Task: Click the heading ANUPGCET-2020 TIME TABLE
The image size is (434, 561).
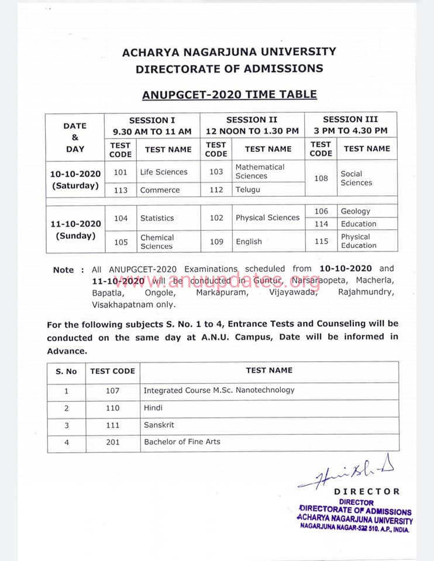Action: pyautogui.click(x=229, y=95)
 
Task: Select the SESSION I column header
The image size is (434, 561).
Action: pyautogui.click(x=152, y=126)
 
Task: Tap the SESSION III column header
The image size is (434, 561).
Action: pyautogui.click(x=351, y=125)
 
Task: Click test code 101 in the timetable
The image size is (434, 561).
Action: pyautogui.click(x=120, y=172)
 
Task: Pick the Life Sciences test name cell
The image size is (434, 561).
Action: pyautogui.click(x=164, y=172)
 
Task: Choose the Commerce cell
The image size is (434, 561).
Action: pyautogui.click(x=160, y=190)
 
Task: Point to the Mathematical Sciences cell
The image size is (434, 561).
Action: pyautogui.click(x=260, y=171)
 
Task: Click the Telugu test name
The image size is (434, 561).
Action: pyautogui.click(x=248, y=190)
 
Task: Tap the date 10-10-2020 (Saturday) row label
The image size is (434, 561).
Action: pyautogui.click(x=75, y=179)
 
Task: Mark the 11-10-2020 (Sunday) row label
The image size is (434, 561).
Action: pyautogui.click(x=75, y=230)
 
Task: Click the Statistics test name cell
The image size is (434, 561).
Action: pyautogui.click(x=157, y=218)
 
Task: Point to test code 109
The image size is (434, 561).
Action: pyautogui.click(x=216, y=241)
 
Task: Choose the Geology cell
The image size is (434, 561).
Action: pyautogui.click(x=355, y=212)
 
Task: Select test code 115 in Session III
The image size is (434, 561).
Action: pyautogui.click(x=321, y=241)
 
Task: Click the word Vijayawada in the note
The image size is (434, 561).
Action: pyautogui.click(x=294, y=293)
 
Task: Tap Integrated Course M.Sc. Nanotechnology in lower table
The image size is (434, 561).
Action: pyautogui.click(x=219, y=390)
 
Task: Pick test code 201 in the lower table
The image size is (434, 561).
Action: pyautogui.click(x=113, y=442)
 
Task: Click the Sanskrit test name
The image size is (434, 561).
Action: pyautogui.click(x=159, y=425)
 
